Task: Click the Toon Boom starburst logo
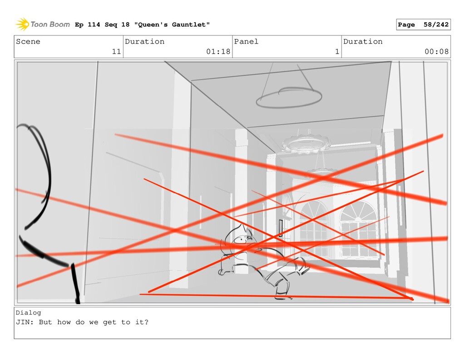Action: [x=22, y=25]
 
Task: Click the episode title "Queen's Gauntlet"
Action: [x=172, y=25]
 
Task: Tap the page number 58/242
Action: [x=436, y=25]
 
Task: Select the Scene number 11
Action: [x=116, y=52]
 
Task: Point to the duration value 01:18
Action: [x=218, y=52]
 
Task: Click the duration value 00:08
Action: [x=436, y=52]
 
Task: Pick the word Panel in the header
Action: [x=246, y=41]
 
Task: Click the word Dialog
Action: [x=29, y=312]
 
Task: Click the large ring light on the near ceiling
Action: [x=289, y=97]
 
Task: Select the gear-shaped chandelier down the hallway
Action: [x=306, y=144]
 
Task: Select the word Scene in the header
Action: [x=28, y=41]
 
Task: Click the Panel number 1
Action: [x=337, y=52]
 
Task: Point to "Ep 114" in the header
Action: [x=88, y=25]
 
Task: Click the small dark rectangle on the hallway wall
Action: [x=281, y=228]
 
